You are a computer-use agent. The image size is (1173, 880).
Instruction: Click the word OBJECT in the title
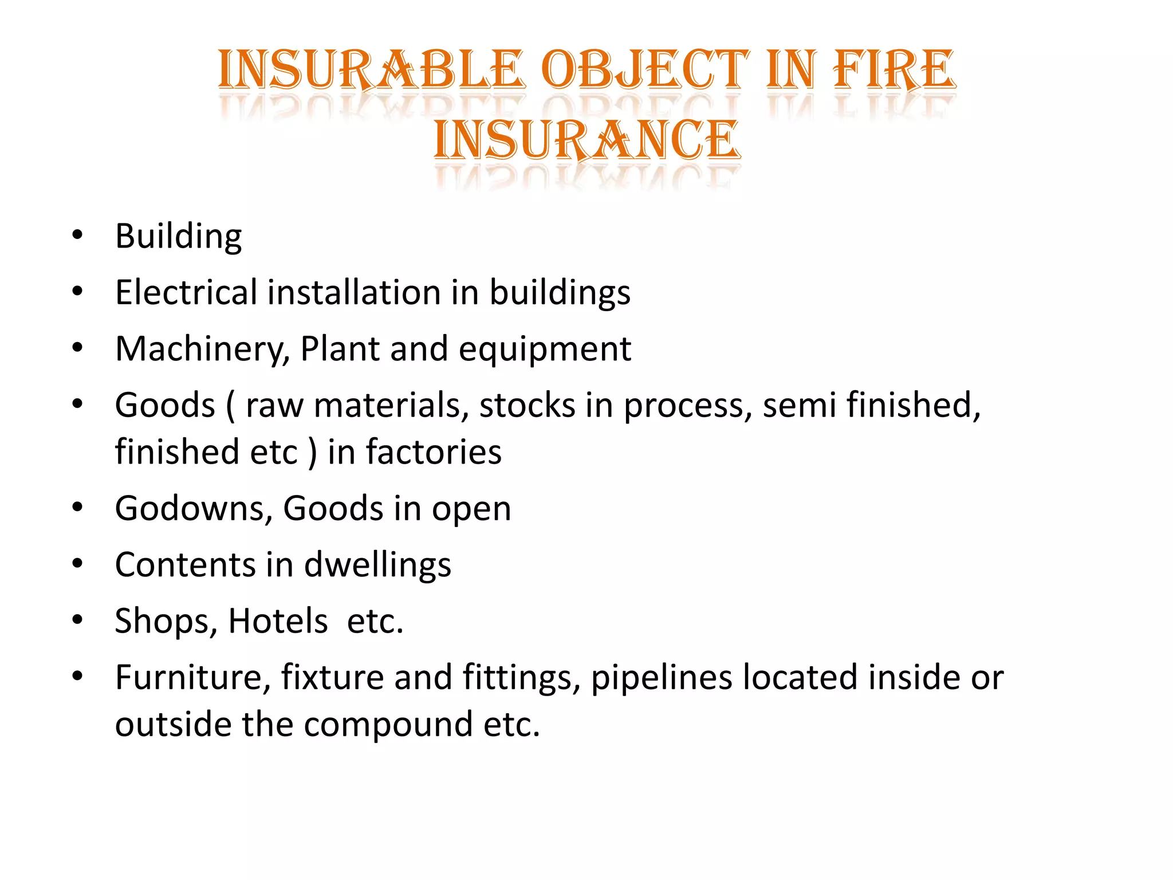coord(645,70)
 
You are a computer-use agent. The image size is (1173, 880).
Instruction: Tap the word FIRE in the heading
coord(894,70)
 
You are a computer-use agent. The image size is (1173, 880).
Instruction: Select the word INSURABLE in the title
coord(371,70)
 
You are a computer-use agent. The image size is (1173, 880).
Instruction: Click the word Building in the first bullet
coord(178,236)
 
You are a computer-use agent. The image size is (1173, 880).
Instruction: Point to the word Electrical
coord(186,292)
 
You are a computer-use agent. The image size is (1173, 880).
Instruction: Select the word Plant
coord(340,348)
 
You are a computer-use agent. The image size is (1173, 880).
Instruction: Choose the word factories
coord(434,452)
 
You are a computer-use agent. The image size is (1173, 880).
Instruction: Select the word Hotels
coord(278,620)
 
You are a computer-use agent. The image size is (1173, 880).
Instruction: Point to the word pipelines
coord(662,678)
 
